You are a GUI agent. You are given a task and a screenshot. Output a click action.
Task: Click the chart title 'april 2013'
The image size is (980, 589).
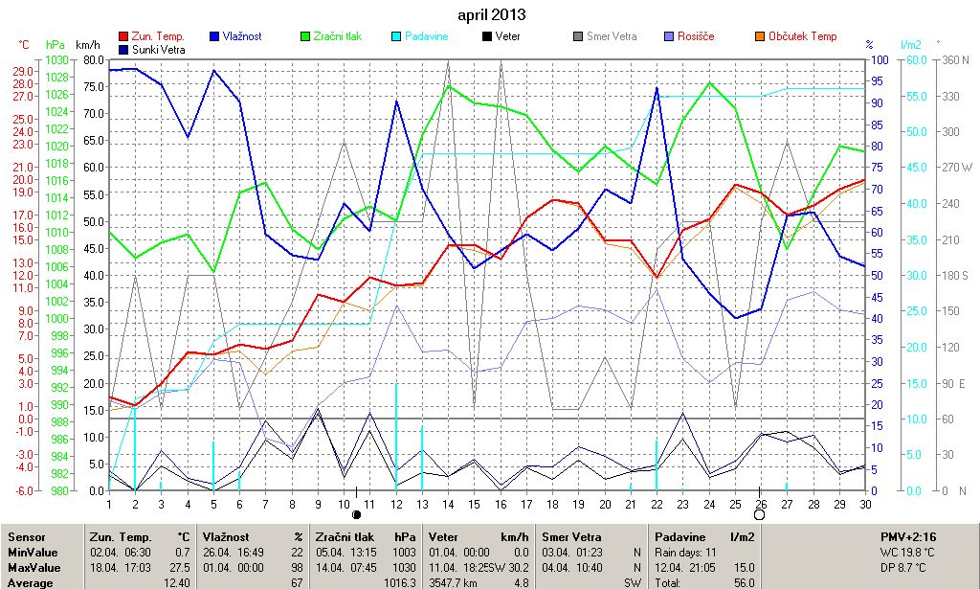tap(491, 15)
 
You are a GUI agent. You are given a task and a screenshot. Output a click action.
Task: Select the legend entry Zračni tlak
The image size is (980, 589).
tap(332, 36)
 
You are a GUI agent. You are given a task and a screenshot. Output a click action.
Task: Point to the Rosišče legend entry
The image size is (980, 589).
tap(696, 36)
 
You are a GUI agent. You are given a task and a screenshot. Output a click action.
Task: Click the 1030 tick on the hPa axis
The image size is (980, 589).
tap(56, 60)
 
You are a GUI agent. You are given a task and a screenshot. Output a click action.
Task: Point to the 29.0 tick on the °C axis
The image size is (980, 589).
tap(23, 71)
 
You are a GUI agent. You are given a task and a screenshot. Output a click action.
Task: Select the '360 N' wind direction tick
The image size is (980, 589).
tap(954, 60)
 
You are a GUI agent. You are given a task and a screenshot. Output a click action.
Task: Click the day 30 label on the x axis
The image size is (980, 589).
tap(865, 504)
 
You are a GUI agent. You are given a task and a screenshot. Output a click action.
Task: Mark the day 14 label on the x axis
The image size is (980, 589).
tap(449, 504)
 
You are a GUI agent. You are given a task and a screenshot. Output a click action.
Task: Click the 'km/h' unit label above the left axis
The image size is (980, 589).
tap(87, 45)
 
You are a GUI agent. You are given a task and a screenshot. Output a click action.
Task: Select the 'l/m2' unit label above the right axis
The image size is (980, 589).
tap(910, 45)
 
